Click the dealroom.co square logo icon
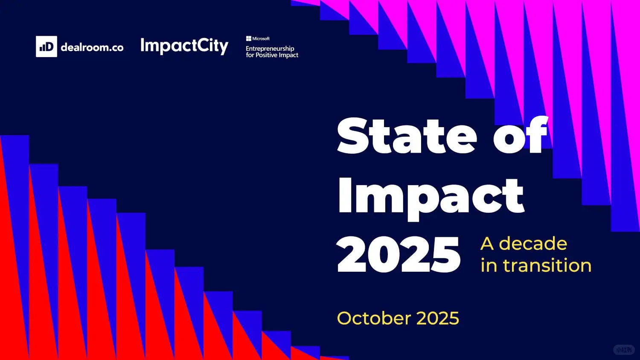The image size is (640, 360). [x=46, y=46]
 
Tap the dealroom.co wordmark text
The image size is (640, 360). [x=92, y=47]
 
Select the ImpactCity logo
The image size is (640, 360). [x=184, y=46]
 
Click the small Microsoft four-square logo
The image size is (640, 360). [x=248, y=38]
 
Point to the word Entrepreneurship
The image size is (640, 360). [x=270, y=48]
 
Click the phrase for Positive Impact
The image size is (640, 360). [x=272, y=55]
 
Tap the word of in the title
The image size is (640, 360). [x=520, y=136]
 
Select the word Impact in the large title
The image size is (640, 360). [x=431, y=196]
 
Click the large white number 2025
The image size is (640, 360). [x=399, y=255]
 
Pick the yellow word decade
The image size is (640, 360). [x=533, y=244]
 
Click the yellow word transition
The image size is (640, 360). [x=547, y=265]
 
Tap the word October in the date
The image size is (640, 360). [x=374, y=318]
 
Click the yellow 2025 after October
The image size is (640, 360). [x=437, y=318]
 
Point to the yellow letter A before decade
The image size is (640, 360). [x=487, y=244]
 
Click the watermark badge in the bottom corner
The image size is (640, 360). [x=624, y=350]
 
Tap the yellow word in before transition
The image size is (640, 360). [x=489, y=265]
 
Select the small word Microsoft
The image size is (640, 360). [x=261, y=38]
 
